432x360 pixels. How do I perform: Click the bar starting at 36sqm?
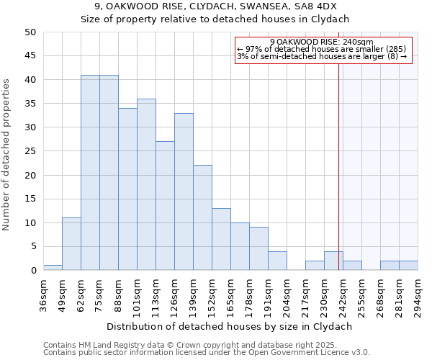[53, 268]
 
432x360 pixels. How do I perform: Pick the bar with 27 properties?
[165, 206]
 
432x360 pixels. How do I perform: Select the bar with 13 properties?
[221, 239]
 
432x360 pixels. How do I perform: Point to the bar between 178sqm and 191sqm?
[258, 248]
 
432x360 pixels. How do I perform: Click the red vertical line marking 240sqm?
[338, 158]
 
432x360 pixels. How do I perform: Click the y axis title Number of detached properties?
[8, 151]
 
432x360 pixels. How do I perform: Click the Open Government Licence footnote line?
[207, 352]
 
